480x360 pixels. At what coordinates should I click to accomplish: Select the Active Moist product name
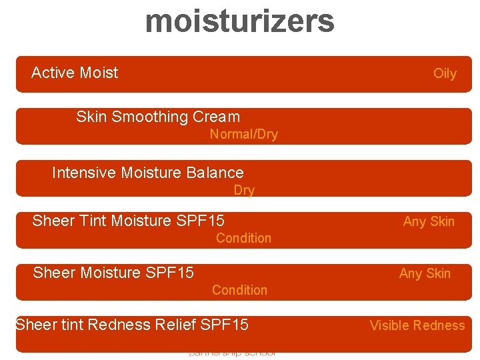click(75, 73)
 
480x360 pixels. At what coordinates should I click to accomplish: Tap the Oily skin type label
click(445, 73)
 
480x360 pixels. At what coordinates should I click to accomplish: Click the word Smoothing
click(150, 117)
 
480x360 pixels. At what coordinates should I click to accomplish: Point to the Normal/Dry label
click(244, 134)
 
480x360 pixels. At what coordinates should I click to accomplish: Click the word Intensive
click(85, 173)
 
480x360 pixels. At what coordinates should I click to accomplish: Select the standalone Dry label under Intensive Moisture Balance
click(244, 190)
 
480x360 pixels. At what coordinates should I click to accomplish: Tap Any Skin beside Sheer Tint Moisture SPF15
click(429, 221)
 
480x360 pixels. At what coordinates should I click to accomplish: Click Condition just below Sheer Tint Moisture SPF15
click(243, 238)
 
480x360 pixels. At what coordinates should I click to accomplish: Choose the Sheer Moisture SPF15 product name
click(113, 273)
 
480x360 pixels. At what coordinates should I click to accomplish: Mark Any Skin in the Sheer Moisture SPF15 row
click(425, 273)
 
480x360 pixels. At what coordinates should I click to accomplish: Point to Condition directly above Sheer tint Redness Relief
click(239, 290)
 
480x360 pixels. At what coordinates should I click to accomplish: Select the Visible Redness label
click(417, 325)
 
